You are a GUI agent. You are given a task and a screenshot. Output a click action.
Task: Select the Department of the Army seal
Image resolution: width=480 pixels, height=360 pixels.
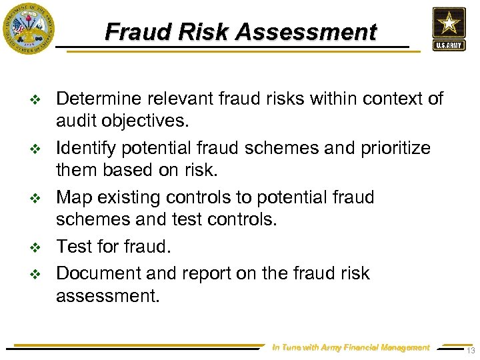[28, 28]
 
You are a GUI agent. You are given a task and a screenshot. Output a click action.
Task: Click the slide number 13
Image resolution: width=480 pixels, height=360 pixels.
[471, 351]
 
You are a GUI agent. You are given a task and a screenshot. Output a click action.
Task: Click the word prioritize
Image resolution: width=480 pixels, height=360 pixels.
[394, 147]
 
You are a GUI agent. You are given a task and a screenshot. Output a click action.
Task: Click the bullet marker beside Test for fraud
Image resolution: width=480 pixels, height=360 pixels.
[37, 248]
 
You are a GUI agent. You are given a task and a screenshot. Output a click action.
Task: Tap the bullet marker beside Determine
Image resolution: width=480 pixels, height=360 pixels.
[37, 100]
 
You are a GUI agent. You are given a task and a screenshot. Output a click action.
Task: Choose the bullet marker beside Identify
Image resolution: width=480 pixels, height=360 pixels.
[37, 149]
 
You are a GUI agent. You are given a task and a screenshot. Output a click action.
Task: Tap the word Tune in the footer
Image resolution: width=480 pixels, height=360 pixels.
[291, 347]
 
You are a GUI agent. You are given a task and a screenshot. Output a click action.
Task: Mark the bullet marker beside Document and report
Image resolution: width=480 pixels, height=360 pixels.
[37, 274]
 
